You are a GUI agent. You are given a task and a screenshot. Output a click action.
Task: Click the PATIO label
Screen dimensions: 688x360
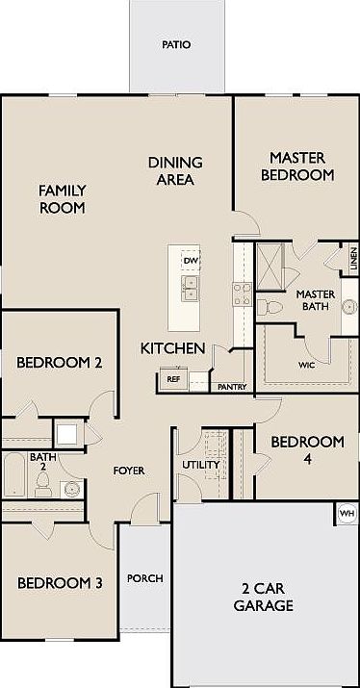tap(176, 44)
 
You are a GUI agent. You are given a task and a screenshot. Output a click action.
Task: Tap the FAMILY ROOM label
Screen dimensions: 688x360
tap(63, 199)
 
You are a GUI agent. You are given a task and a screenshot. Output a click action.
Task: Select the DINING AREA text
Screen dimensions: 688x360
tap(174, 171)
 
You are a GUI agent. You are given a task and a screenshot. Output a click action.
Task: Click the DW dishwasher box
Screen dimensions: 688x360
tap(191, 261)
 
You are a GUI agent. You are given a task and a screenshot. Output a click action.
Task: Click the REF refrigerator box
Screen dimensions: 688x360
tap(173, 379)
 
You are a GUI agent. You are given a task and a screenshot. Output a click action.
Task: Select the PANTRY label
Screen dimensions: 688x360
tap(232, 387)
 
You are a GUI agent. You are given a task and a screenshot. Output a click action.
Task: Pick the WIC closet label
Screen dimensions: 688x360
tap(307, 365)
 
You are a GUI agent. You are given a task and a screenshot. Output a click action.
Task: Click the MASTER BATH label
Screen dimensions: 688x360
tap(314, 300)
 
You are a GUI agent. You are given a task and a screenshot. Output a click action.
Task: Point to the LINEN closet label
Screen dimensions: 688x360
tap(353, 257)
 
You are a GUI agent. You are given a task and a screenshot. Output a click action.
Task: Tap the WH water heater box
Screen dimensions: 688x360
tap(347, 513)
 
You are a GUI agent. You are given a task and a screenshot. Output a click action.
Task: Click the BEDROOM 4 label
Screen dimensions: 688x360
tap(306, 449)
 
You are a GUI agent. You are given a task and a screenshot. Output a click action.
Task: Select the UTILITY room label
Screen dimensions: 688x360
tap(202, 466)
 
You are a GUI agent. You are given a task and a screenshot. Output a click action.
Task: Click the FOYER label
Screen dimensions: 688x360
tap(129, 471)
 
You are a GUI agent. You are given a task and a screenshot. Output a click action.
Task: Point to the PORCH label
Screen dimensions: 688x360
tap(145, 578)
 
